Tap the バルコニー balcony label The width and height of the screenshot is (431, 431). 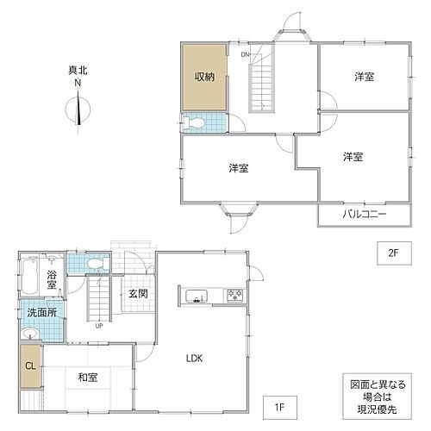pyautogui.click(x=364, y=214)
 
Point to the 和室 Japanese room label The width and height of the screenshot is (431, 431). pyautogui.click(x=86, y=377)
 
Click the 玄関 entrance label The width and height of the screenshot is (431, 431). pyautogui.click(x=139, y=293)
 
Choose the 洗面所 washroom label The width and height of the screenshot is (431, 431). pyautogui.click(x=41, y=313)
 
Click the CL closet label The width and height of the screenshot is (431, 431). pyautogui.click(x=30, y=366)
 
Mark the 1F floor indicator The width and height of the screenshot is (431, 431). pyautogui.click(x=279, y=402)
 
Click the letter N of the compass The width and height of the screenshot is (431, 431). pyautogui.click(x=78, y=83)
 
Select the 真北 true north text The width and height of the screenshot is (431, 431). pyautogui.click(x=78, y=71)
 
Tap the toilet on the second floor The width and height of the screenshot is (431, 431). pyautogui.click(x=195, y=122)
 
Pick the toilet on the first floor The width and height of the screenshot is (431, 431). pyautogui.click(x=96, y=264)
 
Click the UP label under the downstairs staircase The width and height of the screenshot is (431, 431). pyautogui.click(x=100, y=326)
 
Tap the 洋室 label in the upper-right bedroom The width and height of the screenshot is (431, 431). pyautogui.click(x=364, y=77)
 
